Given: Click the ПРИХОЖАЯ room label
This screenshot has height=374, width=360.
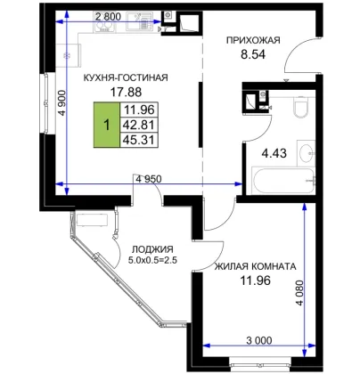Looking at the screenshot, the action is [x=253, y=40].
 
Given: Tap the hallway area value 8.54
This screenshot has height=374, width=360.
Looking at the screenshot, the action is [x=253, y=54].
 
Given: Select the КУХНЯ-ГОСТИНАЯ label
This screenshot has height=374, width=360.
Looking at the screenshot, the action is [x=126, y=77].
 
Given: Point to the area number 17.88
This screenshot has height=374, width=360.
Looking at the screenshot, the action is [x=126, y=93].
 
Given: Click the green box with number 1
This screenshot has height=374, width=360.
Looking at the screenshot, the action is [x=107, y=125].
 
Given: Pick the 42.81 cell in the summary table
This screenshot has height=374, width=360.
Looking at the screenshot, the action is [x=139, y=125].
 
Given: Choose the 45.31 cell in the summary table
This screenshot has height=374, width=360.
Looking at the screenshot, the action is [x=139, y=140].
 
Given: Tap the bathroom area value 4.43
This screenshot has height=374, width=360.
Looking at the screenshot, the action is [x=274, y=153].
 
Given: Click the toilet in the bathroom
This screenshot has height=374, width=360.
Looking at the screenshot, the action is [x=302, y=107].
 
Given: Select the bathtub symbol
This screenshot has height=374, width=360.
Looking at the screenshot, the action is [x=283, y=181].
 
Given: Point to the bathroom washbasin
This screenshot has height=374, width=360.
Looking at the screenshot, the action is [x=307, y=153].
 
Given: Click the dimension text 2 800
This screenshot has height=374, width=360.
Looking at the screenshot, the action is [x=108, y=17].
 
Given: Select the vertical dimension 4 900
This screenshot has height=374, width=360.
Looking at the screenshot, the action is [x=62, y=102].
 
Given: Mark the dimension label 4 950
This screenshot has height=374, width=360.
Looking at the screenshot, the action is [x=149, y=179].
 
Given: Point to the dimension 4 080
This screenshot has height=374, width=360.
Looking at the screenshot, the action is [x=300, y=293].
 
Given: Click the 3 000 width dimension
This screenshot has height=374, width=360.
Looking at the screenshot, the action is [x=259, y=340].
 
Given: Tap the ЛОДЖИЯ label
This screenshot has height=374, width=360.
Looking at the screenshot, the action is [x=152, y=249].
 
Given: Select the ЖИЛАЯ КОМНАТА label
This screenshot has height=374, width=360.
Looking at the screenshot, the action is [x=256, y=266].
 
